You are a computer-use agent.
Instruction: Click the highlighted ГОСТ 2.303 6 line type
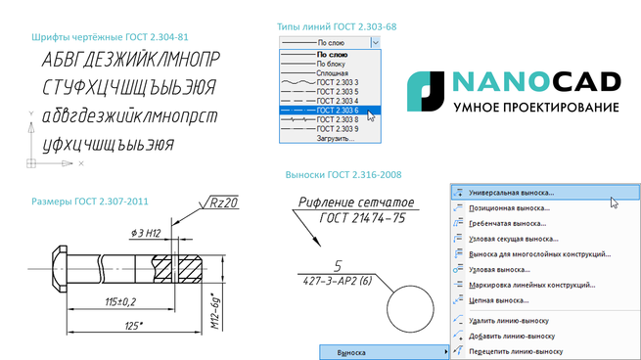click(330, 111)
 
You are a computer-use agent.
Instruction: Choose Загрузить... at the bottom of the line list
click(336, 139)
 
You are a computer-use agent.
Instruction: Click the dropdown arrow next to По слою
click(375, 42)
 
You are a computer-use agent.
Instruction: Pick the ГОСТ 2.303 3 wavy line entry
click(330, 82)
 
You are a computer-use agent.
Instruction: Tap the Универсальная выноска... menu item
click(545, 193)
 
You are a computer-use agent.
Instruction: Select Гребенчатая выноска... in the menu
click(507, 223)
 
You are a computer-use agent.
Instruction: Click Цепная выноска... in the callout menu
click(499, 300)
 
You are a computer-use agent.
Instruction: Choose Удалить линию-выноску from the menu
click(509, 321)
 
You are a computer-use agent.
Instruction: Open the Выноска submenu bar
click(384, 352)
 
